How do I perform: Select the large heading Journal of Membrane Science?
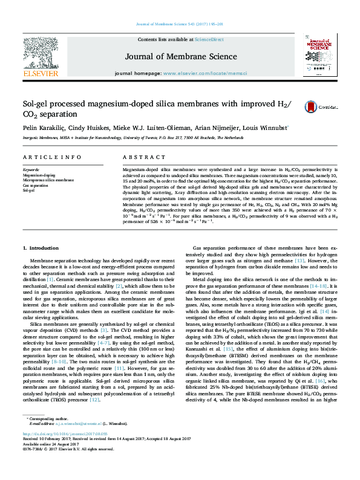tap(180, 57)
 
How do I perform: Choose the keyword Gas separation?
tap(34, 185)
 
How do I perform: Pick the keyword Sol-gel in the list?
tap(29, 190)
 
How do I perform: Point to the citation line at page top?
tap(180, 24)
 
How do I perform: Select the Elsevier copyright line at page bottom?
tap(61, 466)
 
